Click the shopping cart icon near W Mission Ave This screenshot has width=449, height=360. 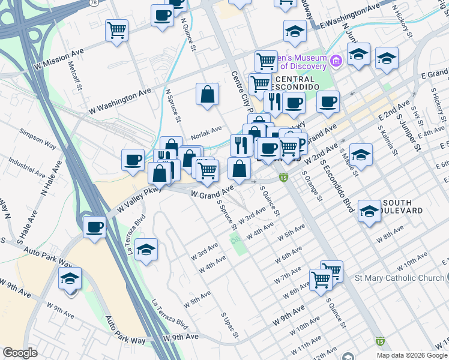[x=116, y=30]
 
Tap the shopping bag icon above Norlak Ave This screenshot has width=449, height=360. [x=207, y=94]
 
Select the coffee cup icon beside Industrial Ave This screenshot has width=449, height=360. [x=133, y=160]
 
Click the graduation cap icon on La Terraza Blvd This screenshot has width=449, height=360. [x=146, y=250]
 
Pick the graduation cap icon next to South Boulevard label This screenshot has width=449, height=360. [x=369, y=211]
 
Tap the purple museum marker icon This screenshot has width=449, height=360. [x=336, y=60]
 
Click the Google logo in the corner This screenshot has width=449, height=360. [x=20, y=353]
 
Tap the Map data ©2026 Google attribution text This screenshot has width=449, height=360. [x=411, y=355]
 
